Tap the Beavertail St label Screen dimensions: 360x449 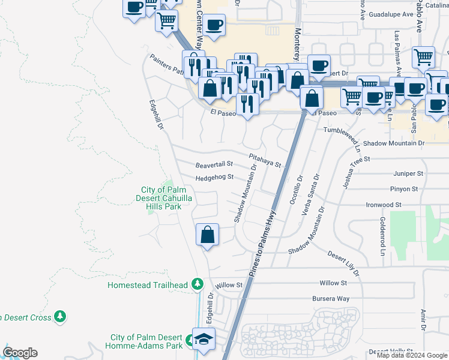(x=213, y=164)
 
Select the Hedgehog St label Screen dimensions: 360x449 (x=214, y=178)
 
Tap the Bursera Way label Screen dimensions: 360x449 (x=330, y=298)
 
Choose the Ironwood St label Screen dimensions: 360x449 (x=383, y=205)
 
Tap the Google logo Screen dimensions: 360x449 (x=20, y=353)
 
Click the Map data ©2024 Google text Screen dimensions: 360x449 (x=412, y=355)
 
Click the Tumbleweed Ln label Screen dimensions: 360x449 (x=345, y=130)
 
